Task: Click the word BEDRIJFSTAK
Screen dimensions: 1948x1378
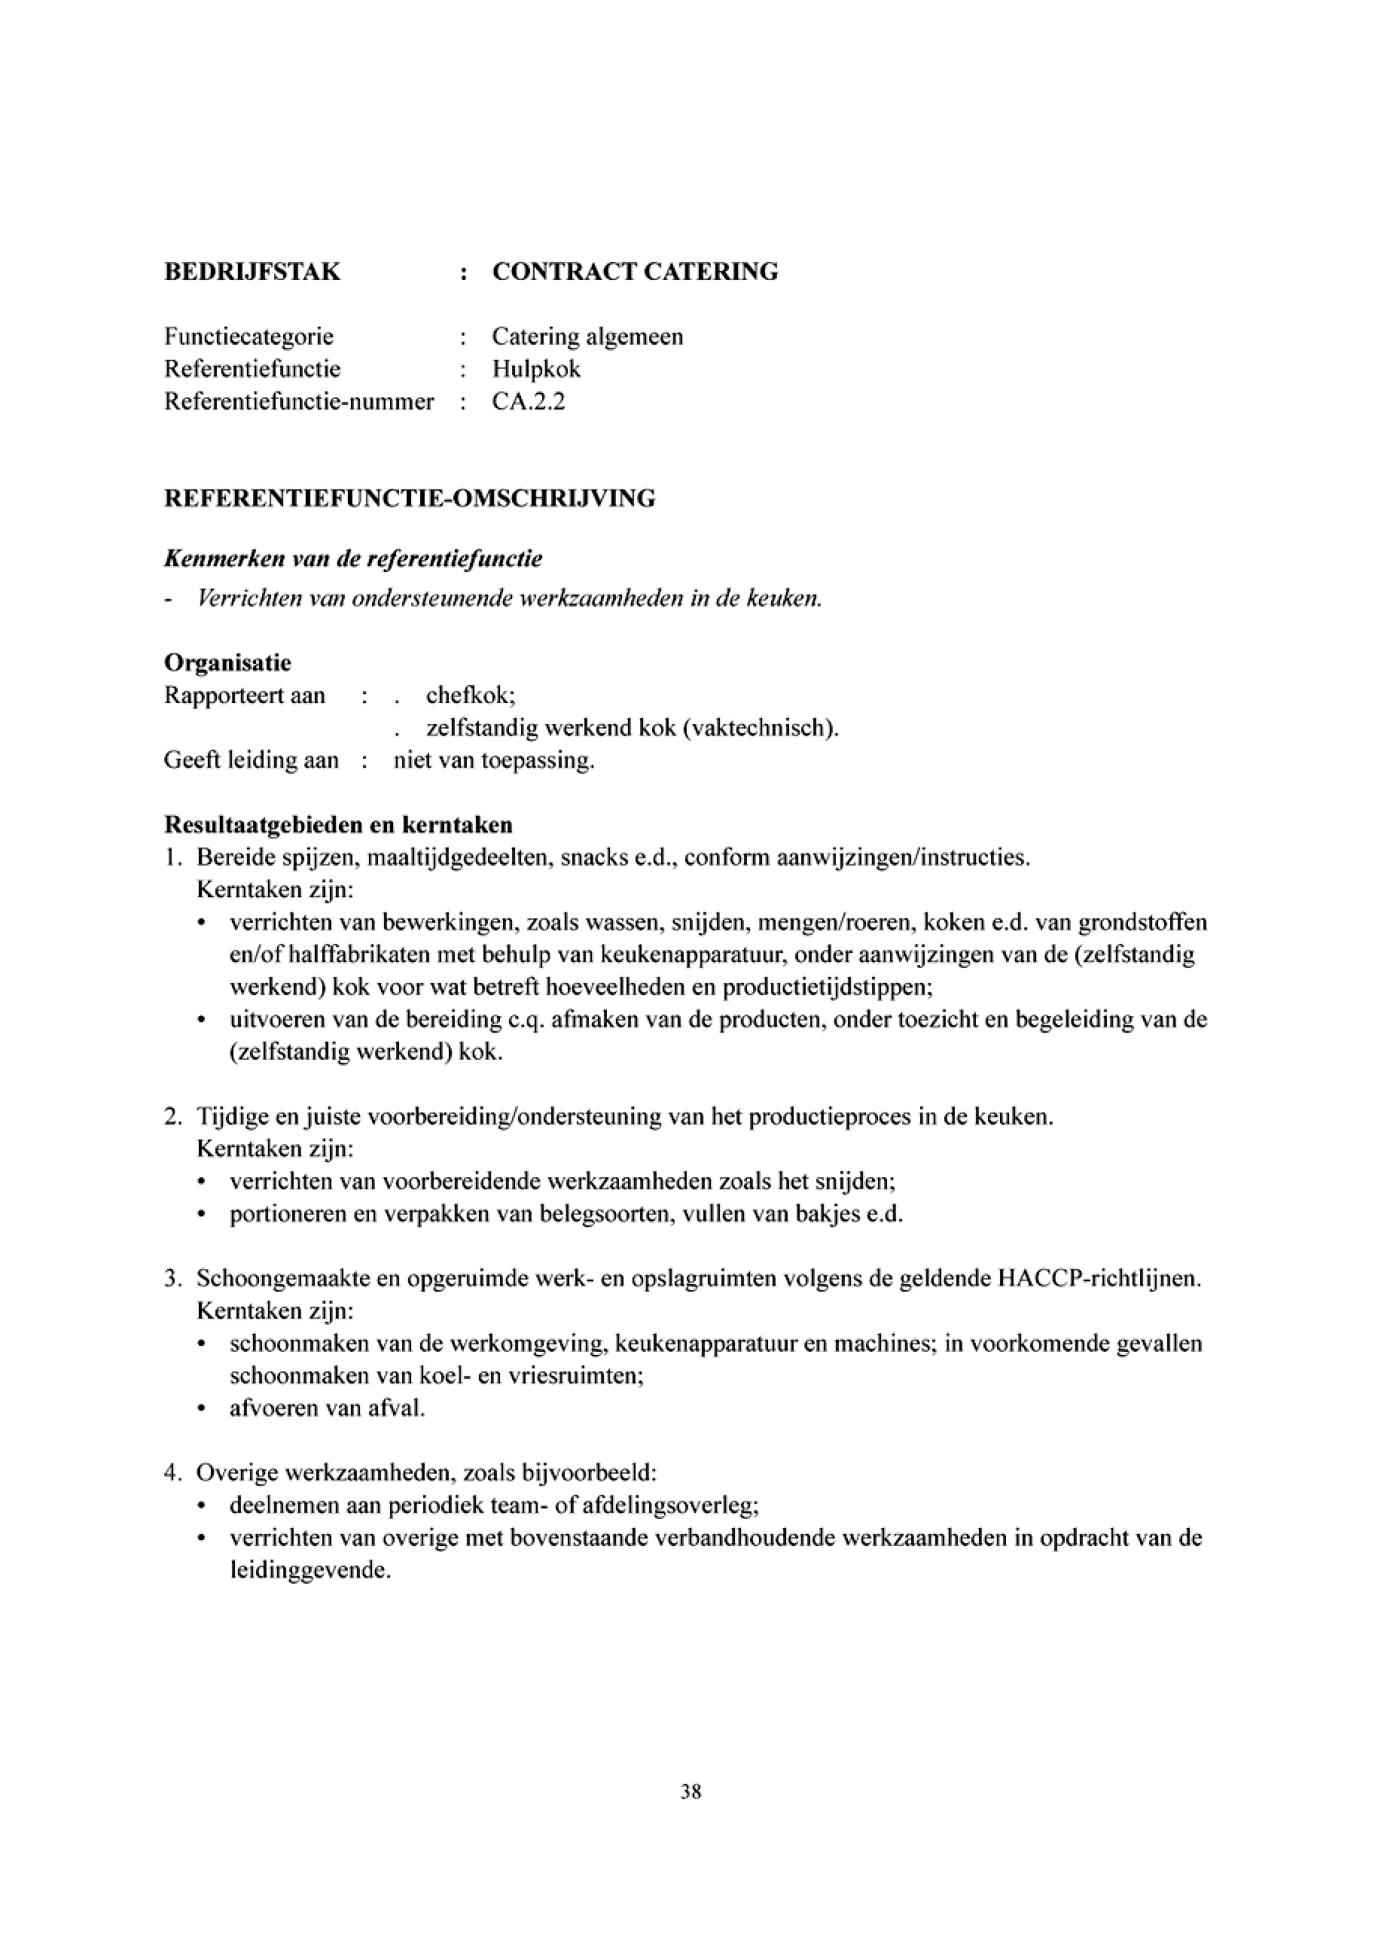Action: tap(252, 272)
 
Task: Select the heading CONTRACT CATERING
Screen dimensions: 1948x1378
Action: tap(635, 272)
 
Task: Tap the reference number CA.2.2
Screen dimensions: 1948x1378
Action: tap(528, 401)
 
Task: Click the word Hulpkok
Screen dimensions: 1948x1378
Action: tap(536, 369)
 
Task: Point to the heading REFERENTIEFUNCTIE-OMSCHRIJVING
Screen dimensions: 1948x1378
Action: tap(409, 498)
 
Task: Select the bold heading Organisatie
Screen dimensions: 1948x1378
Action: tap(227, 662)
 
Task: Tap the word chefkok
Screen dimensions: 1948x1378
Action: tap(470, 695)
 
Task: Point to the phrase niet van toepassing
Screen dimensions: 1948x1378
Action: tap(494, 760)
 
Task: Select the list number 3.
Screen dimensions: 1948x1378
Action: tap(172, 1279)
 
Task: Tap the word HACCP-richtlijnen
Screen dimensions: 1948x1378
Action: tap(1096, 1279)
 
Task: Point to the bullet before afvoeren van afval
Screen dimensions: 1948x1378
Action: tap(201, 1409)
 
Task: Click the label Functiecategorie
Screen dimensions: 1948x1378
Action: tap(248, 336)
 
